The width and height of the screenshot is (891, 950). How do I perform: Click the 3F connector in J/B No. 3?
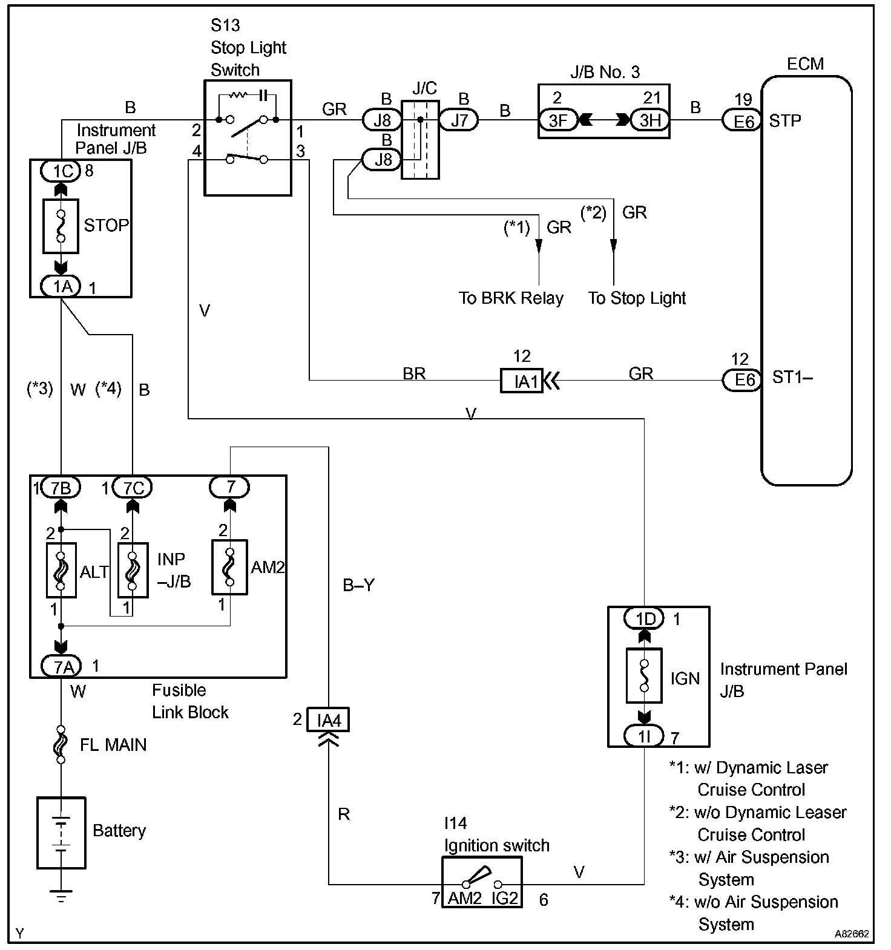pyautogui.click(x=557, y=120)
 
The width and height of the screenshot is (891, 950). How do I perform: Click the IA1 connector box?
pyautogui.click(x=521, y=381)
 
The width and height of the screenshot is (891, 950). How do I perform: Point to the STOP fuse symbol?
pyautogui.click(x=61, y=226)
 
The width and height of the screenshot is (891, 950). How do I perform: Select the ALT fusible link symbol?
pyautogui.click(x=61, y=571)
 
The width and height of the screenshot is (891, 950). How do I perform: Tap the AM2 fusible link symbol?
pyautogui.click(x=229, y=567)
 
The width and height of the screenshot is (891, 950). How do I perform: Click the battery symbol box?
pyautogui.click(x=61, y=832)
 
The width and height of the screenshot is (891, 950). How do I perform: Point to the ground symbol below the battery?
pyautogui.click(x=61, y=896)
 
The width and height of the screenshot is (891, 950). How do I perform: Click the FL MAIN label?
pyautogui.click(x=113, y=744)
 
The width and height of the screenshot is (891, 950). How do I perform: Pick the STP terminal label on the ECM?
pyautogui.click(x=785, y=121)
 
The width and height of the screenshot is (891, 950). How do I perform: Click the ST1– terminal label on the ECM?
pyautogui.click(x=792, y=378)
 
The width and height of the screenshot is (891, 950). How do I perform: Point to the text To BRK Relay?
pyautogui.click(x=511, y=298)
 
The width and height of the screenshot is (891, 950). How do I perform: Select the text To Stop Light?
pyautogui.click(x=637, y=298)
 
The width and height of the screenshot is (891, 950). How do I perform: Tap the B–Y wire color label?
pyautogui.click(x=359, y=585)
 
